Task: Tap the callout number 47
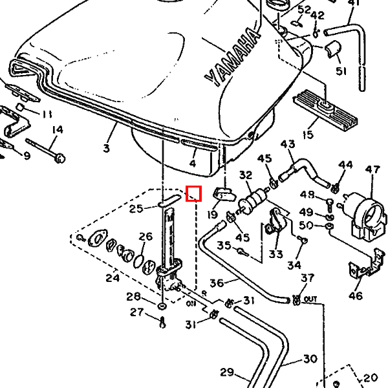(x=372, y=170)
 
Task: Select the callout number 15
(x=307, y=135)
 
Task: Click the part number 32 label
(x=246, y=175)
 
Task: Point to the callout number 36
(x=217, y=283)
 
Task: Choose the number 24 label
(x=113, y=278)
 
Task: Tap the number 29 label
(x=226, y=372)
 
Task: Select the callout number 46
(x=356, y=296)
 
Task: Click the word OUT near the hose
(x=311, y=299)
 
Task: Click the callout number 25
(x=136, y=208)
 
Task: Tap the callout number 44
(x=346, y=166)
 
